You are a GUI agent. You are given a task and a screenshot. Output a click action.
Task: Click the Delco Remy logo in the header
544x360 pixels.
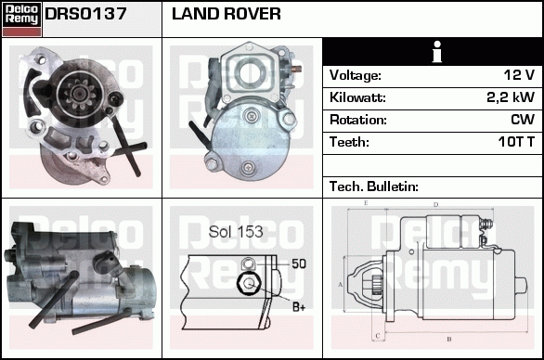[x=21, y=19]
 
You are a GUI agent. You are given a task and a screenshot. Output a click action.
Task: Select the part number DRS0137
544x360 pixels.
[x=85, y=14]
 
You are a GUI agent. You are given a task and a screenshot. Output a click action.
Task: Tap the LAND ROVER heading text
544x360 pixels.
[x=227, y=14]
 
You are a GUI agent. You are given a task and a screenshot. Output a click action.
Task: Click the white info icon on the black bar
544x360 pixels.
[x=437, y=52]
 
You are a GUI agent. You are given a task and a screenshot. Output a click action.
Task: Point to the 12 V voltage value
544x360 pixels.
[x=519, y=75]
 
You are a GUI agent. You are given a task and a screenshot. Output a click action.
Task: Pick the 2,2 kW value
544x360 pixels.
[x=511, y=97]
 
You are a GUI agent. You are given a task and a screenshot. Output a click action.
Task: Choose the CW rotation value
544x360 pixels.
[x=523, y=120]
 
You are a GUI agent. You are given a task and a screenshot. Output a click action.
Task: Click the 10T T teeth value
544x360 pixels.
[x=516, y=142]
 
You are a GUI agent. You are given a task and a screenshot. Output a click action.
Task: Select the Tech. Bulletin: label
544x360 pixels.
[x=374, y=186]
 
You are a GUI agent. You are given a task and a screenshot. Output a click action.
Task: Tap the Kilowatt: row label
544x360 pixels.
[x=357, y=97]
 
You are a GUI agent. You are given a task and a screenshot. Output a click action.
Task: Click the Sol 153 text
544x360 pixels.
[x=236, y=232]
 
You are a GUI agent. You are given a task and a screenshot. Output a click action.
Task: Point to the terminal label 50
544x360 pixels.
[x=299, y=264]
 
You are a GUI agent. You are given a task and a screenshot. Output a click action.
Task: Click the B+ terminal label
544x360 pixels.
[x=299, y=307]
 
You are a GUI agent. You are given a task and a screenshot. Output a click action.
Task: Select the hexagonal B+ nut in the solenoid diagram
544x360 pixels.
[x=249, y=284]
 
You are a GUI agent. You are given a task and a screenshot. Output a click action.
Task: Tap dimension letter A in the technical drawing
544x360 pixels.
[x=340, y=285]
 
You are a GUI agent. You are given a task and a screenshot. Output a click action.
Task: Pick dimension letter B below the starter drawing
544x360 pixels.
[x=449, y=340]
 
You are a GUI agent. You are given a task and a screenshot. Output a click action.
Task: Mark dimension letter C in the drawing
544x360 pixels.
[x=378, y=336]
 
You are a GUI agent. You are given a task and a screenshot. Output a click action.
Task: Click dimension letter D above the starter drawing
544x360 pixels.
[x=436, y=205]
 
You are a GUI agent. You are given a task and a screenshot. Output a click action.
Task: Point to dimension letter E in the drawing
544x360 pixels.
[x=366, y=203]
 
